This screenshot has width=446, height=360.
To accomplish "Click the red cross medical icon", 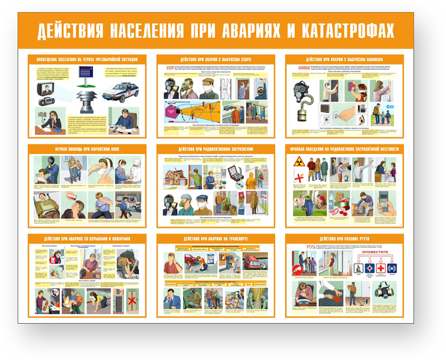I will coord(380,268).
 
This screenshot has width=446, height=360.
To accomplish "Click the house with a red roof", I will coord(176,178).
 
